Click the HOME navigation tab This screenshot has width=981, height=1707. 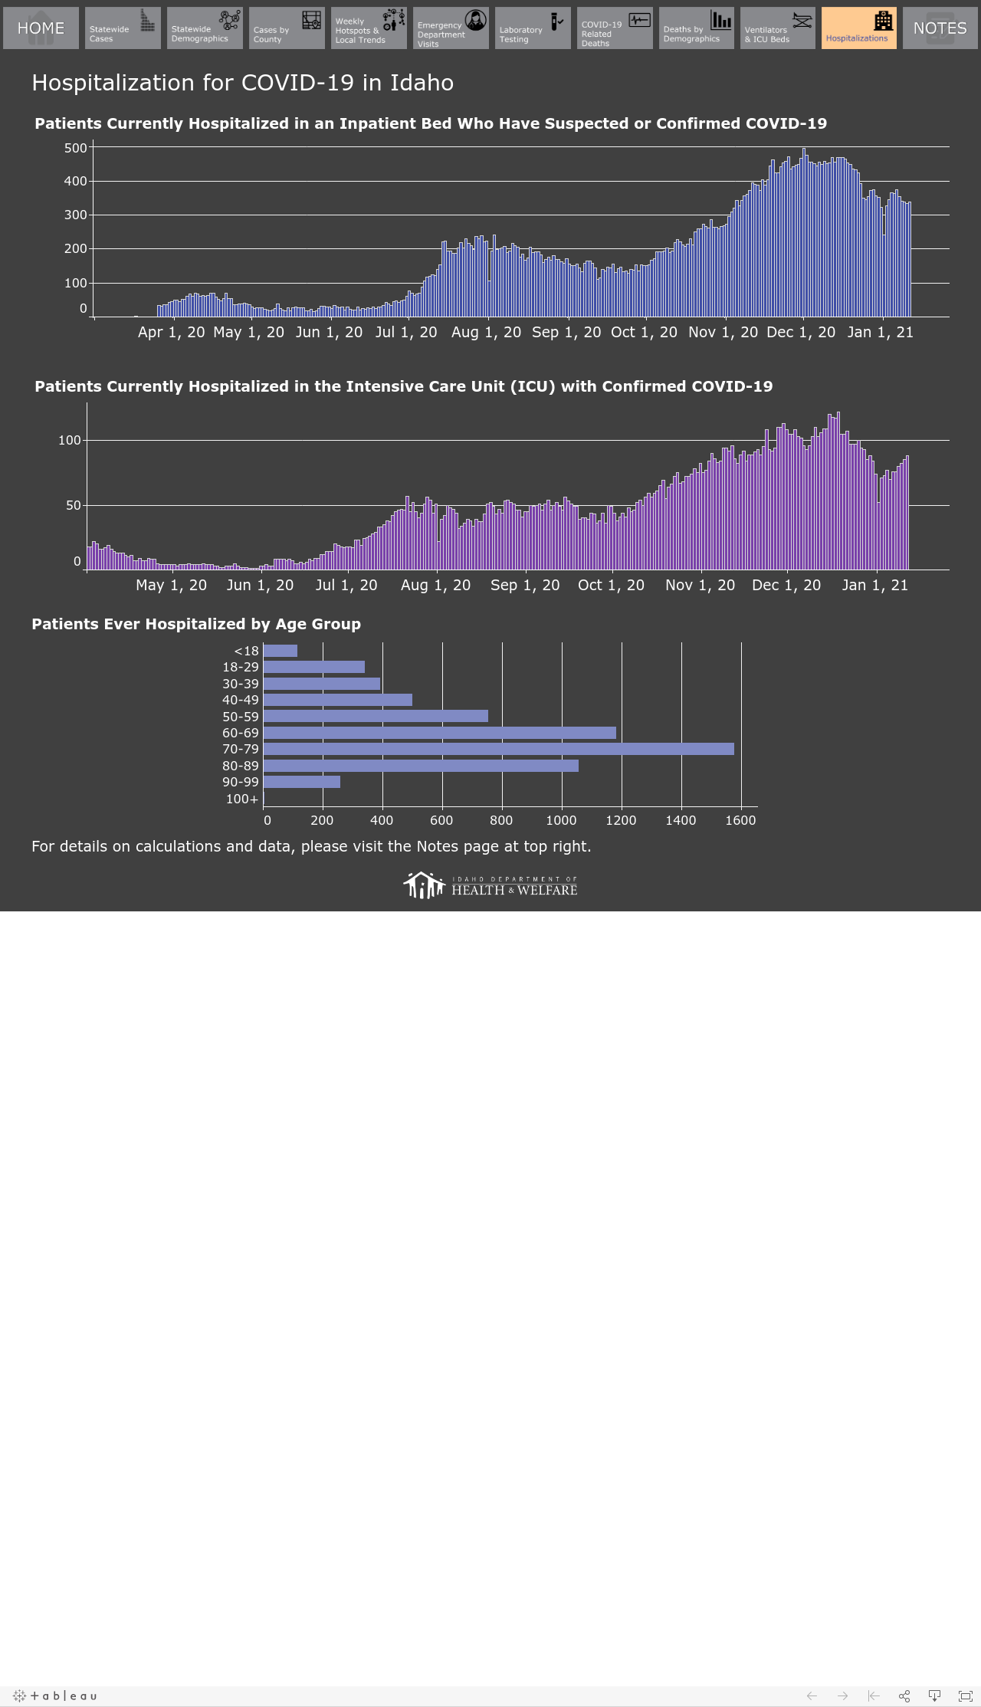(x=41, y=28)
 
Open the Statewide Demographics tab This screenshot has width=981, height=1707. (x=205, y=28)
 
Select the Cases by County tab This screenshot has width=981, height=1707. (x=287, y=28)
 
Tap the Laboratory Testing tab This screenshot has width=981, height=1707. (x=533, y=28)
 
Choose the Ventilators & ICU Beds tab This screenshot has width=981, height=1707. (x=778, y=28)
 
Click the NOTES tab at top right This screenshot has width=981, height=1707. (x=940, y=28)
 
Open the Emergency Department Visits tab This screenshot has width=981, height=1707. (x=451, y=28)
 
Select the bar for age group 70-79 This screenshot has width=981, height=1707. (x=498, y=749)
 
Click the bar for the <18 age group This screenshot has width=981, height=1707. (x=280, y=651)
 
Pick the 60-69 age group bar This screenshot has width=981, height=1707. (x=439, y=733)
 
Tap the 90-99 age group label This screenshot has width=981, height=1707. (x=241, y=782)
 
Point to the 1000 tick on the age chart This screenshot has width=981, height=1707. (x=561, y=820)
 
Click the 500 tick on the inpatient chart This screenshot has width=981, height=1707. (x=75, y=148)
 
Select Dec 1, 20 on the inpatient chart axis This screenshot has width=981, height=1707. (x=801, y=333)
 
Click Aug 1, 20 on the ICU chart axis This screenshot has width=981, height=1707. (x=435, y=586)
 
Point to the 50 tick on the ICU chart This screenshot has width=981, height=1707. (x=73, y=505)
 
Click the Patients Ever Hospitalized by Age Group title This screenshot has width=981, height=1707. (x=196, y=624)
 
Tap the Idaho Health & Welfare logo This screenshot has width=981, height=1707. (x=490, y=885)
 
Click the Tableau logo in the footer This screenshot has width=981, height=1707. (x=55, y=1696)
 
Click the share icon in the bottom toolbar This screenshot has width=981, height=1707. (x=904, y=1696)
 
